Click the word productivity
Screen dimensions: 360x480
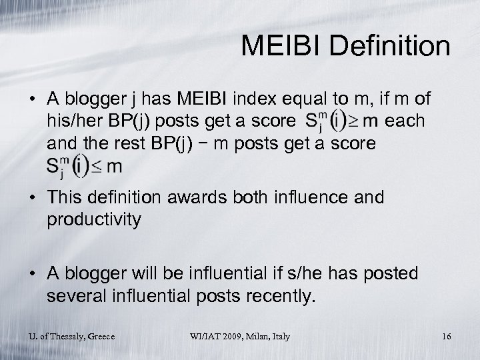tap(93, 220)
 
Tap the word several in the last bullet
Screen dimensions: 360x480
tap(72, 296)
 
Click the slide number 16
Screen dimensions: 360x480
tap(445, 337)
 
